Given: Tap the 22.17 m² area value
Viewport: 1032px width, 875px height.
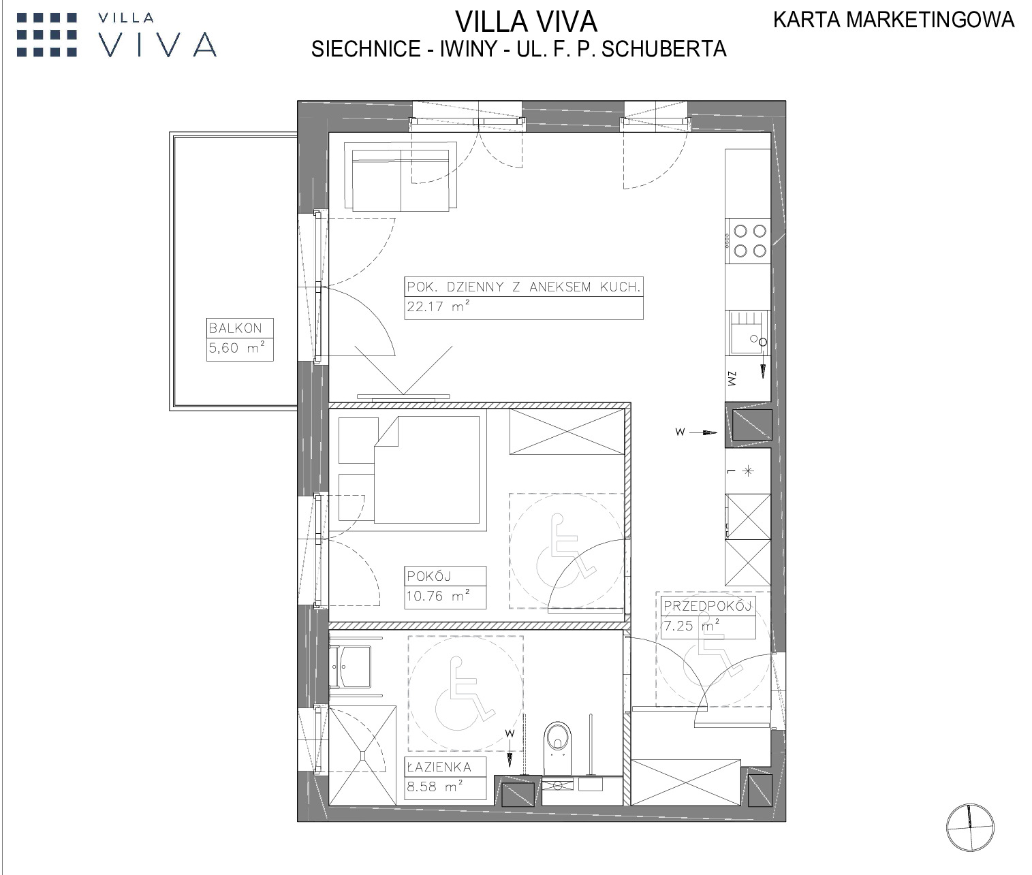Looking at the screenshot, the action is tap(439, 306).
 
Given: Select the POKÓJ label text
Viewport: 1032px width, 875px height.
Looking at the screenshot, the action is tap(429, 576).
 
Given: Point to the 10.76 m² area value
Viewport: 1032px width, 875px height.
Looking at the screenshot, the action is tap(439, 596).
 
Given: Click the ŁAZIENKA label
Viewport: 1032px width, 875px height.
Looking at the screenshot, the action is tap(439, 766).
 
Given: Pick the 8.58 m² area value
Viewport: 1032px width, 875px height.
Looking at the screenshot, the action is tap(435, 786).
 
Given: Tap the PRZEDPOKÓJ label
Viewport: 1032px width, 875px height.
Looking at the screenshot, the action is tap(708, 606).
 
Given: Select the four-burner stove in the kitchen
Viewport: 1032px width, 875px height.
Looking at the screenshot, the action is tap(748, 240).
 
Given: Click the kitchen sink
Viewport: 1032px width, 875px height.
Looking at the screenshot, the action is tap(748, 332).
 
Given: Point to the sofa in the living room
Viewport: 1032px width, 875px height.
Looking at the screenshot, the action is tap(401, 176).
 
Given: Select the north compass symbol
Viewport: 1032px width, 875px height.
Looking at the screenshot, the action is tap(969, 827).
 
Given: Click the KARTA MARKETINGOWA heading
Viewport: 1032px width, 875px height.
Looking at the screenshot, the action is tap(894, 20).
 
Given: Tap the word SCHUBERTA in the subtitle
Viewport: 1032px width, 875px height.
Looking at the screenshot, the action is tap(663, 49).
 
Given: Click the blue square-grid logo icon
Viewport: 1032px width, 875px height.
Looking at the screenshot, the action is tap(47, 35).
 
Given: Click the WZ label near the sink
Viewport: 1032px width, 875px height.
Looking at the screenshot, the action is tap(732, 379).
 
